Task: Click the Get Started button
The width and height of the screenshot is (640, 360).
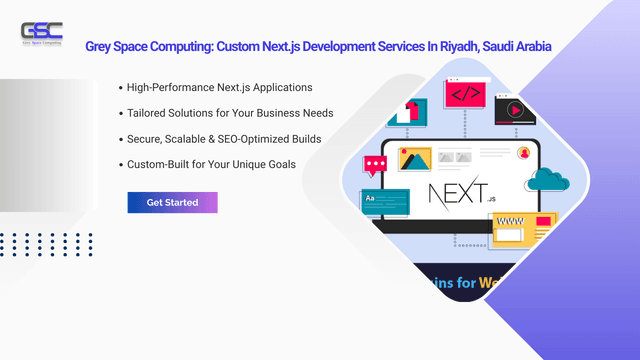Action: point(172,202)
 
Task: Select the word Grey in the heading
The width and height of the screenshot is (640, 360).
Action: point(102,46)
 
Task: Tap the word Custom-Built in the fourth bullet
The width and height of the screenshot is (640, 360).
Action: point(158,163)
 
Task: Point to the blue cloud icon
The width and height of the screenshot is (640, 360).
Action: point(545,180)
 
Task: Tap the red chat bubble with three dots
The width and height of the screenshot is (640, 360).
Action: point(376,165)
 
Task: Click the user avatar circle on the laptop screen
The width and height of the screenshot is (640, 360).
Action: point(523,154)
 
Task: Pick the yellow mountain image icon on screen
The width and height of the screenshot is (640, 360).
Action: point(414,159)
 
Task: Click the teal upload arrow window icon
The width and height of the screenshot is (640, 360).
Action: point(408,110)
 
